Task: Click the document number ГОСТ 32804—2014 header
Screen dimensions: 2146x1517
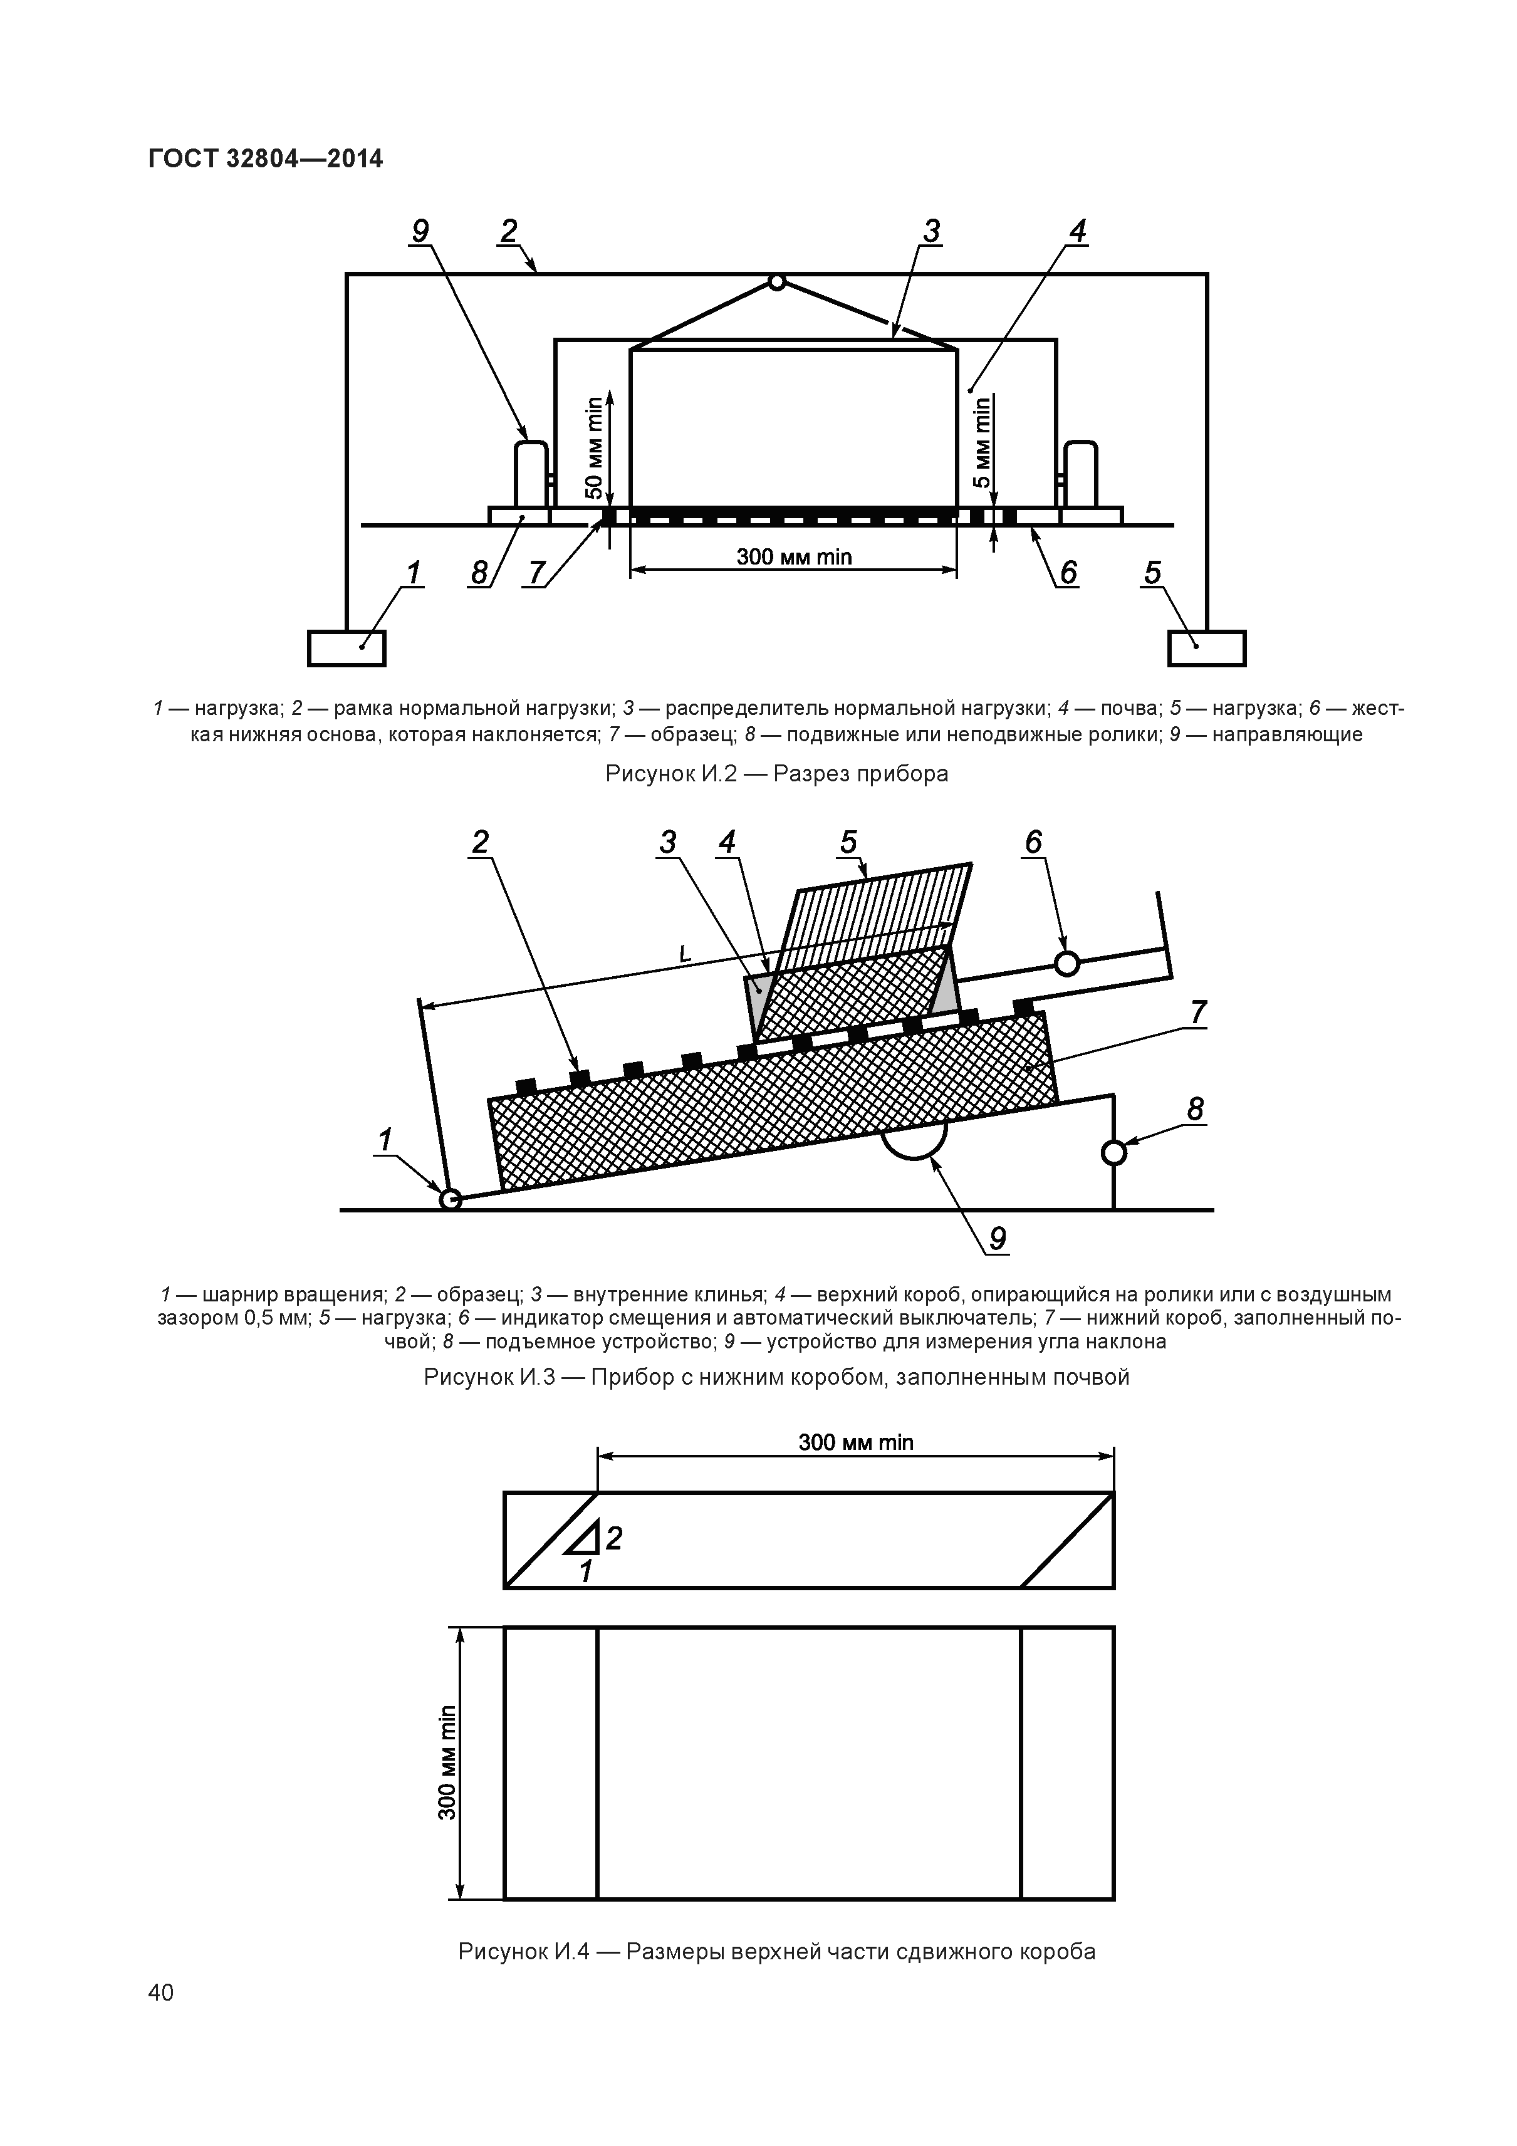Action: pyautogui.click(x=266, y=159)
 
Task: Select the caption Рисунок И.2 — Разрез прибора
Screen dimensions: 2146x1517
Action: pyautogui.click(x=777, y=774)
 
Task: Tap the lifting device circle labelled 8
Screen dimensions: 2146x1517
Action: pyautogui.click(x=1113, y=1152)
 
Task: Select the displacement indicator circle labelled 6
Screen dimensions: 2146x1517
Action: pyautogui.click(x=1066, y=962)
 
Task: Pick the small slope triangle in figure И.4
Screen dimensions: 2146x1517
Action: pyautogui.click(x=583, y=1536)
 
